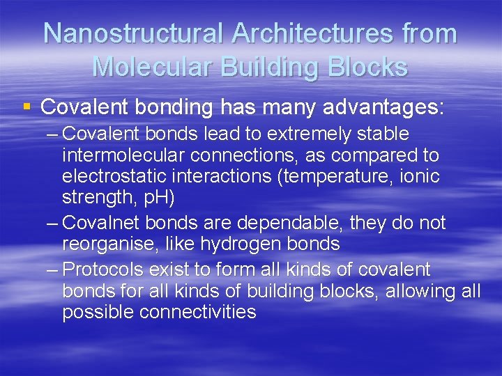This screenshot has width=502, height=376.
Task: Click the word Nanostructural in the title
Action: [132, 33]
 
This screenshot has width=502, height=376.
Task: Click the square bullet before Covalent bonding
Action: [26, 107]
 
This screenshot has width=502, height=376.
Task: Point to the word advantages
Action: [379, 107]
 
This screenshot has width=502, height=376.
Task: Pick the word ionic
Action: [421, 176]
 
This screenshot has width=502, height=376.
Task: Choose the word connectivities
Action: [197, 312]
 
